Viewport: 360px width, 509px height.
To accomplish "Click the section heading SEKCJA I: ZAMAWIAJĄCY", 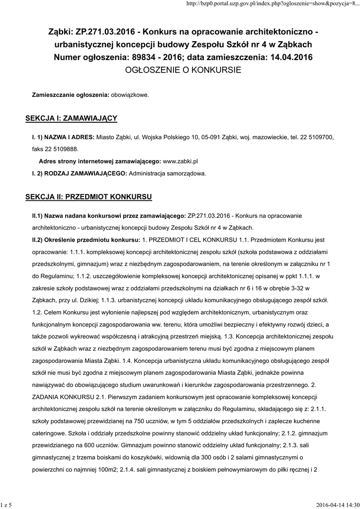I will pyautogui.click(x=71, y=118).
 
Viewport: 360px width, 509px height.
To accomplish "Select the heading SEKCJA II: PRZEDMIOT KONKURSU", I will pyautogui.click(x=89, y=197).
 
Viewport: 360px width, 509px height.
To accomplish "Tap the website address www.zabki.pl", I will pyautogui.click(x=181, y=162).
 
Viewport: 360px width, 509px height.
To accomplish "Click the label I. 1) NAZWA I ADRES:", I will pyautogui.click(x=63, y=137).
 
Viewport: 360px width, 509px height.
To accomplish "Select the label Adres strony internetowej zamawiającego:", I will pyautogui.click(x=100, y=162).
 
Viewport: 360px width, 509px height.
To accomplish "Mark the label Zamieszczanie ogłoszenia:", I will pyautogui.click(x=71, y=94).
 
